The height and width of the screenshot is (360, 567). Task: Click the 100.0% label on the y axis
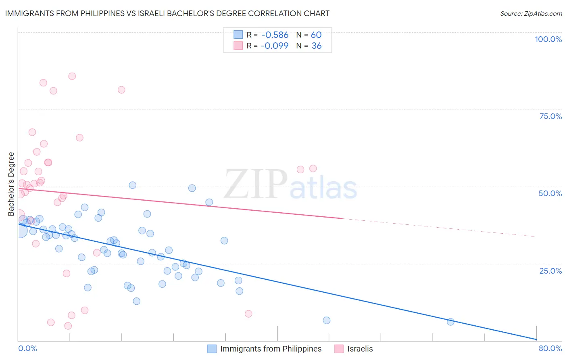tap(548, 39)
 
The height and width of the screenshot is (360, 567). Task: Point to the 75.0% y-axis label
tap(550, 116)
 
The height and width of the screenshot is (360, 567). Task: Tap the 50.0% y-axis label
tap(550, 193)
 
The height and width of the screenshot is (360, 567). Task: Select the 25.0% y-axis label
tap(550, 271)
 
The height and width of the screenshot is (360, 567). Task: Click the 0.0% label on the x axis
tap(27, 348)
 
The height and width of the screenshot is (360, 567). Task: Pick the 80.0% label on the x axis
tap(550, 348)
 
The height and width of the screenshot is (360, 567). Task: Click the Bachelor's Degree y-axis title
tap(11, 184)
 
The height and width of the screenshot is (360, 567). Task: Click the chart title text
tap(167, 13)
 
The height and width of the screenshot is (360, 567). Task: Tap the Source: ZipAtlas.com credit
tap(531, 13)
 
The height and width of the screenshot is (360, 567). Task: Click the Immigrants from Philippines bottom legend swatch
tap(212, 349)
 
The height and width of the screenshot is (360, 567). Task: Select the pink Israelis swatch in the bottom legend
tap(339, 349)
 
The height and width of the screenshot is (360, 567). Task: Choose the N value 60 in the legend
tap(316, 35)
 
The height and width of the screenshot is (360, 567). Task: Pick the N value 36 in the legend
tap(317, 46)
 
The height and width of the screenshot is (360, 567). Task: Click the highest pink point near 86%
tap(72, 76)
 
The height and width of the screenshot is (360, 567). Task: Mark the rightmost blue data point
tap(450, 322)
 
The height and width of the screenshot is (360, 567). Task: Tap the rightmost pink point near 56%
tap(313, 169)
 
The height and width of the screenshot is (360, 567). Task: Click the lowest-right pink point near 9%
tap(248, 314)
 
